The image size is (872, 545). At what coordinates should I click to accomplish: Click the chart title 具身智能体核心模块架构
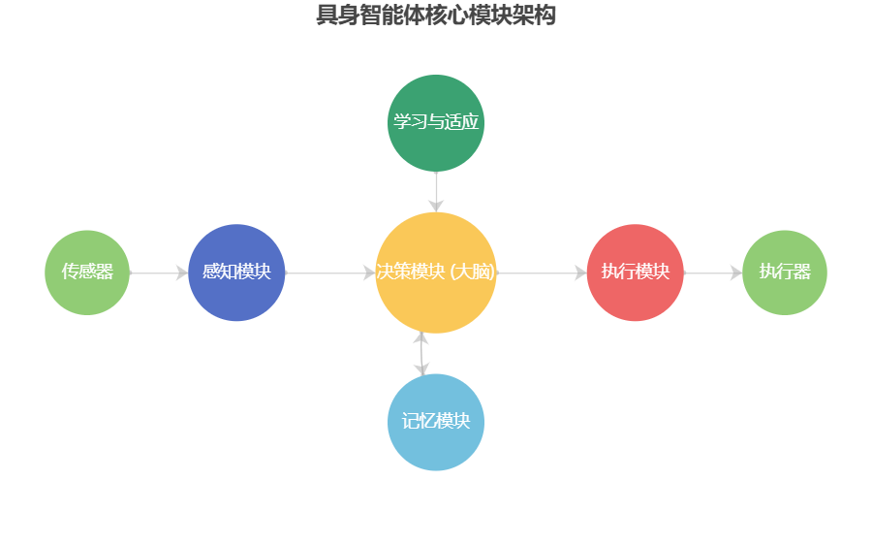click(436, 16)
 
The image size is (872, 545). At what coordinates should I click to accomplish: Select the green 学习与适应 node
click(436, 122)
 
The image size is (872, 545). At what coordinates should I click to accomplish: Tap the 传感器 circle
click(87, 272)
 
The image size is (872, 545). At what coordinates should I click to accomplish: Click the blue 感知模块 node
click(236, 272)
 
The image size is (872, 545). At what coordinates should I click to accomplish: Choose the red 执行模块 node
click(635, 272)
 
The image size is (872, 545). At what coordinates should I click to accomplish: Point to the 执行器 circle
click(785, 272)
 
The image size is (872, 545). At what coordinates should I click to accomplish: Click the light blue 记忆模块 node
click(436, 422)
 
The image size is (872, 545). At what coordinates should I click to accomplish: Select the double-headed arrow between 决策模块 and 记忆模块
click(420, 354)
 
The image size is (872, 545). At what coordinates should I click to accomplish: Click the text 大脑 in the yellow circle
click(474, 272)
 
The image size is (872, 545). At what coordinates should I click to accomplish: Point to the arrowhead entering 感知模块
click(182, 273)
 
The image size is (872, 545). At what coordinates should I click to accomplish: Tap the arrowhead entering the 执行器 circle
click(735, 273)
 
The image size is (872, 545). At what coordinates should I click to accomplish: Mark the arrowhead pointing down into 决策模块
click(436, 205)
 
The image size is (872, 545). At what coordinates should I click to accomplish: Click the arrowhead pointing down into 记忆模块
click(420, 369)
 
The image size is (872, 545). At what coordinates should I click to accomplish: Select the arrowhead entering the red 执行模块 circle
click(580, 273)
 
